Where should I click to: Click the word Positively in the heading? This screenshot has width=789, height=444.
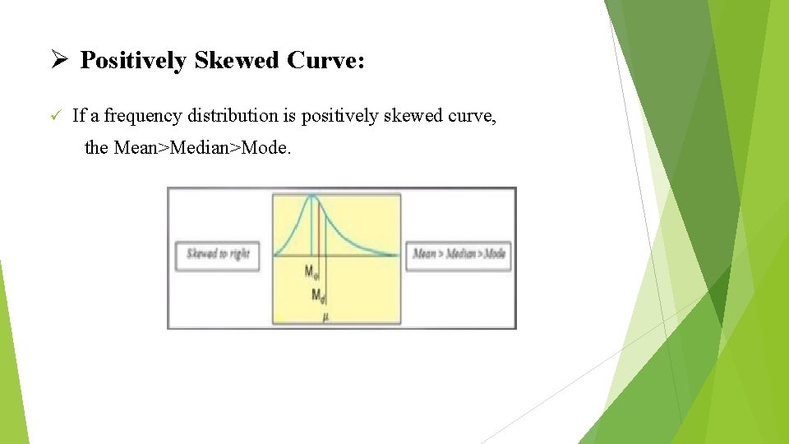click(133, 61)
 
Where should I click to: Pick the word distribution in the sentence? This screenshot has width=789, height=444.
click(231, 116)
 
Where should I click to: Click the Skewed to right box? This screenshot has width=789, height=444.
click(218, 254)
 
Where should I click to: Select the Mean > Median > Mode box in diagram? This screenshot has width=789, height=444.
click(459, 254)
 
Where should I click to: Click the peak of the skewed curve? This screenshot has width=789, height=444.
click(312, 196)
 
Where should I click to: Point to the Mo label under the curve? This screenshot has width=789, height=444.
click(312, 271)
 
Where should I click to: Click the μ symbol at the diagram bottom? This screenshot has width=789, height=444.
click(326, 317)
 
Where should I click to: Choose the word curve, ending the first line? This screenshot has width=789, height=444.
click(470, 116)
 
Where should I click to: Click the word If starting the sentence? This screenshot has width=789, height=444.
click(79, 116)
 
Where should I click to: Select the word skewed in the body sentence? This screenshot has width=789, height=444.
click(404, 116)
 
